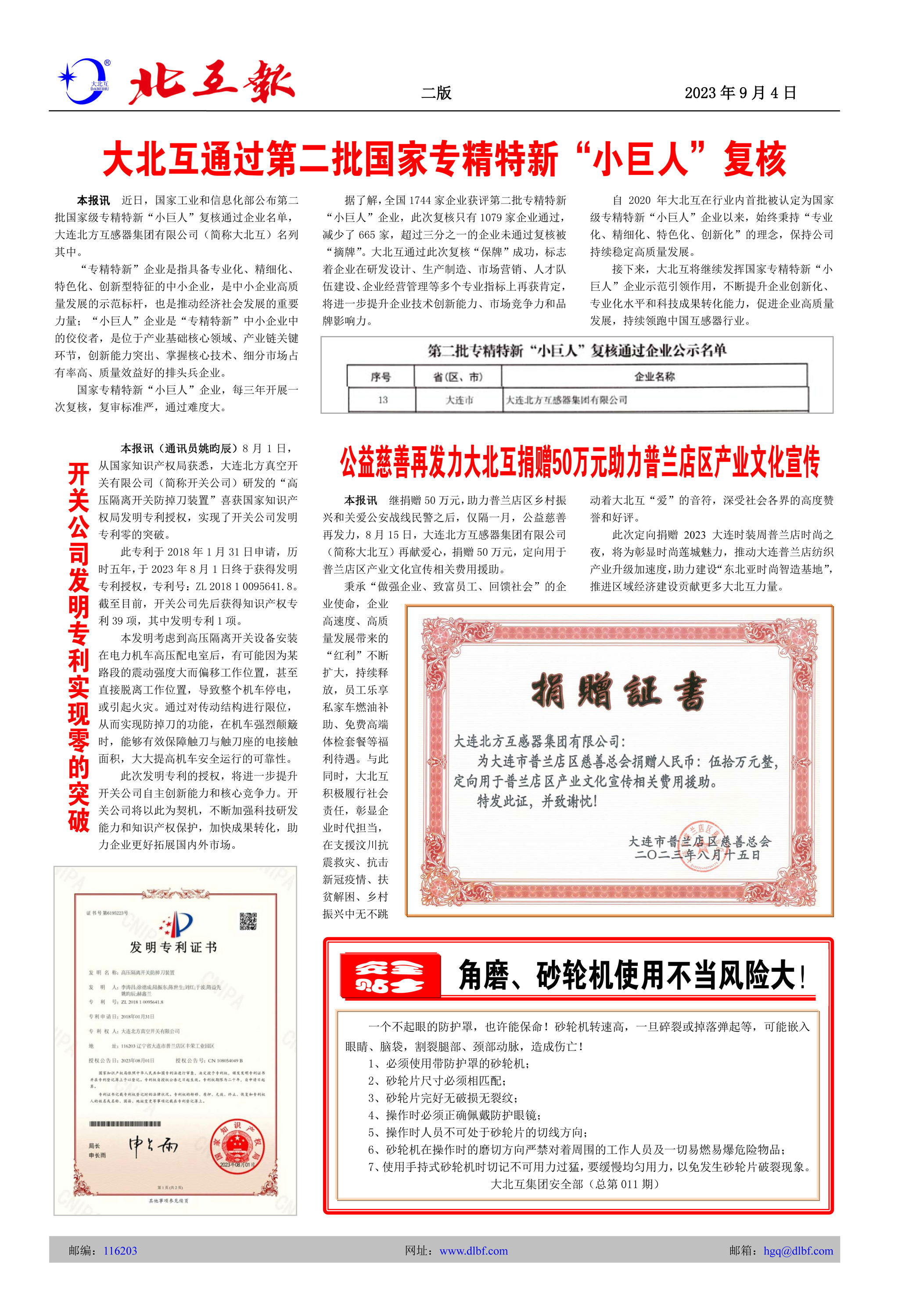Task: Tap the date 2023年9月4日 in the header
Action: [x=740, y=93]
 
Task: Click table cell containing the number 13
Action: [x=382, y=400]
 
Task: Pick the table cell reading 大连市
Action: [x=459, y=400]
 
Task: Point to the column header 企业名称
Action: [x=654, y=376]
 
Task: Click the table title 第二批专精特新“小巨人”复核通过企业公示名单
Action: [x=576, y=350]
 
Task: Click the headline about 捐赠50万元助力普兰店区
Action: [x=579, y=462]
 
